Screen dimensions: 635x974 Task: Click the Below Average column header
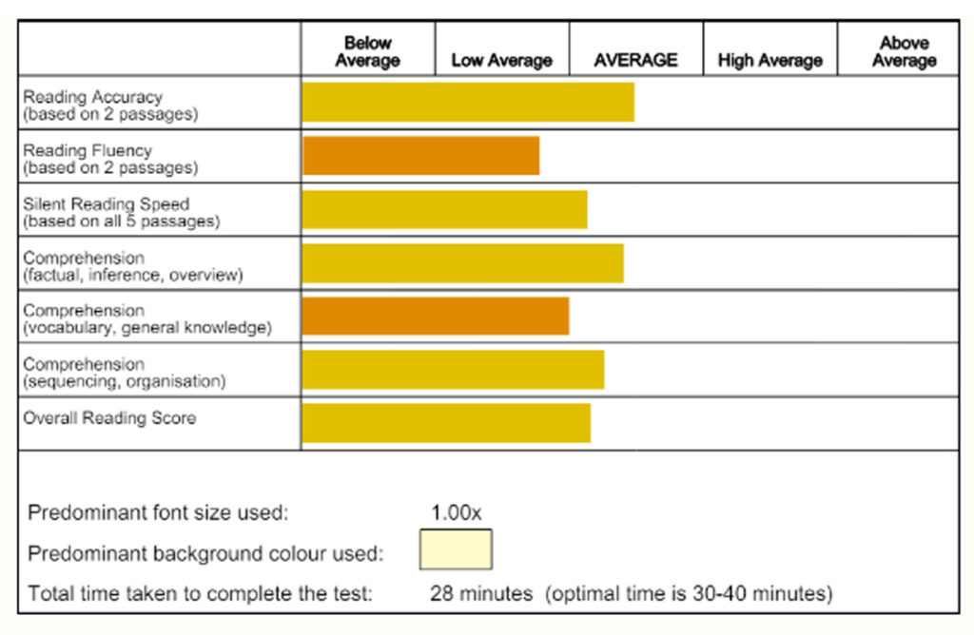pos(367,51)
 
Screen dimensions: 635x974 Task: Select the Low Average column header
pos(501,60)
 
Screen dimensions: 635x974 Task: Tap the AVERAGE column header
pos(635,60)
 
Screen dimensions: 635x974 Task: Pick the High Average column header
pos(769,60)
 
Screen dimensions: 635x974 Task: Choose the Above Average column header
pos(904,51)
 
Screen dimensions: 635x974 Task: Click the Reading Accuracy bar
pos(468,103)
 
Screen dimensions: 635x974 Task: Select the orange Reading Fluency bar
pos(421,156)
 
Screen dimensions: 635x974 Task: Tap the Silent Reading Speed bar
pos(444,209)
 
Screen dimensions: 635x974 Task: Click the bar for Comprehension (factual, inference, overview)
pos(462,263)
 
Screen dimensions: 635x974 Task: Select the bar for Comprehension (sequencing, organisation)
pos(453,370)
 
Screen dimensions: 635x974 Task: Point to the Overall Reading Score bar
pos(446,423)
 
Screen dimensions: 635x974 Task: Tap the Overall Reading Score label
pos(109,418)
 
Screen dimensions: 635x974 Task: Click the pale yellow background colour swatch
pos(456,550)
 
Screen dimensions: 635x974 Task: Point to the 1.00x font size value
pos(456,512)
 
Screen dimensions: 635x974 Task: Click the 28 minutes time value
pos(481,594)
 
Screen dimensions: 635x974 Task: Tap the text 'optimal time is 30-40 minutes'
pos(689,594)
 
